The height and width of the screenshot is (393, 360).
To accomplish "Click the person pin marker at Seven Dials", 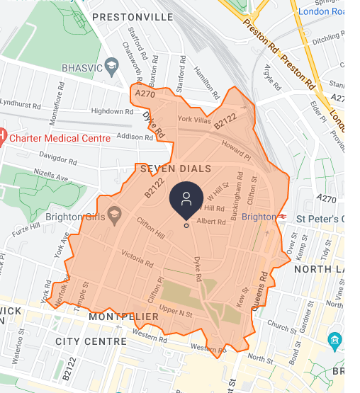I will coord(186,198).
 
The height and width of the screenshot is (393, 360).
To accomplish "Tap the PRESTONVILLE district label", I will coord(133,16).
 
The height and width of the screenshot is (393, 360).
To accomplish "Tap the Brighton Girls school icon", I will coord(116,215).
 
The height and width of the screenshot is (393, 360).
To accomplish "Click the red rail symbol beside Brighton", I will coord(282,216).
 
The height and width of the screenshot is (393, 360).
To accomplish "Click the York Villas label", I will coord(193,119).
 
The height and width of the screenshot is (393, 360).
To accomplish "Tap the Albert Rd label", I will coord(211,221).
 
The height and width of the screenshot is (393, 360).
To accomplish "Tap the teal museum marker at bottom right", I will coord(335,342).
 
